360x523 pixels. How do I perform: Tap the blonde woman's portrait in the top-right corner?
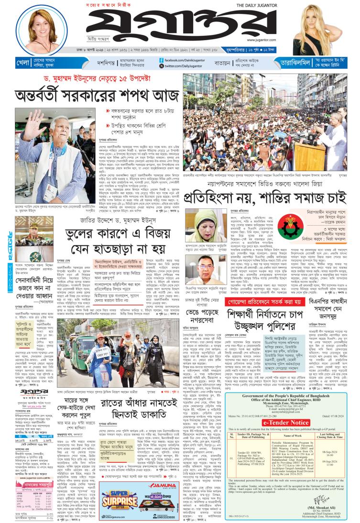[328, 26]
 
